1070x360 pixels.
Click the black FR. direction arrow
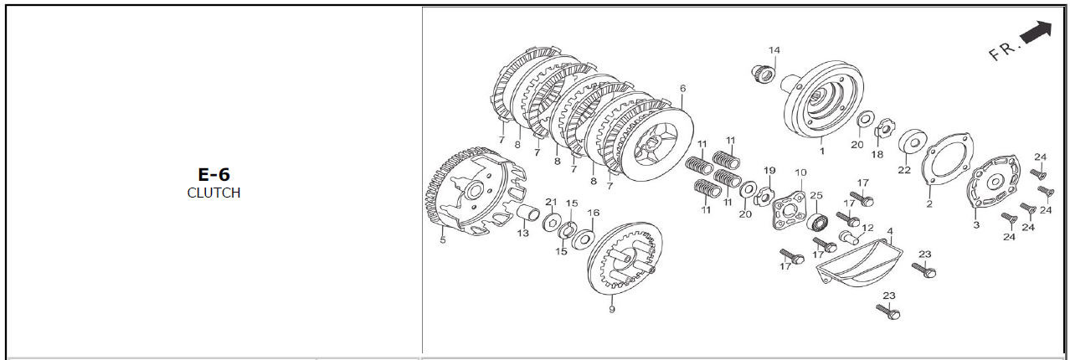(x=1036, y=33)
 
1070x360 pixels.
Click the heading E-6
(x=213, y=174)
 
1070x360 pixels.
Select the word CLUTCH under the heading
(x=213, y=193)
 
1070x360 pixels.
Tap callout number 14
(x=774, y=50)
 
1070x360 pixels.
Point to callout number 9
(x=612, y=310)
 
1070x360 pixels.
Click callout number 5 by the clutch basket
(x=442, y=239)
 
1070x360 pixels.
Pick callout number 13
(x=523, y=233)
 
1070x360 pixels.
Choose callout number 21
(x=551, y=202)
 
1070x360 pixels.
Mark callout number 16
(x=594, y=213)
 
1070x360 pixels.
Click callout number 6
(x=682, y=89)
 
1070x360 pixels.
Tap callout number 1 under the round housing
(x=822, y=152)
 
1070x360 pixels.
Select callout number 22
(x=904, y=170)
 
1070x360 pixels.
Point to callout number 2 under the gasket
(x=929, y=204)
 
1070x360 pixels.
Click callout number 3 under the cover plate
(x=976, y=225)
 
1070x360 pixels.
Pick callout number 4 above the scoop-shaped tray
(x=889, y=232)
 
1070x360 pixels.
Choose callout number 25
(x=816, y=195)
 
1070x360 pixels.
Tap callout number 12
(x=867, y=229)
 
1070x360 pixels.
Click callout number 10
(x=800, y=172)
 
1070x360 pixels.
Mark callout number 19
(x=769, y=171)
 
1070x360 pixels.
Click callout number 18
(x=877, y=155)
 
